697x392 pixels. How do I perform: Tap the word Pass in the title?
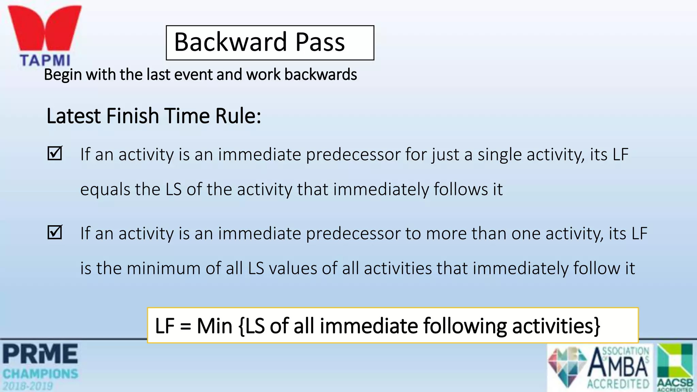pyautogui.click(x=320, y=42)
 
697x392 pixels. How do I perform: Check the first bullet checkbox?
pyautogui.click(x=55, y=153)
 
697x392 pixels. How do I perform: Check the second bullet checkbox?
pyautogui.click(x=55, y=232)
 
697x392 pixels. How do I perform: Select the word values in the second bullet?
pyautogui.click(x=293, y=268)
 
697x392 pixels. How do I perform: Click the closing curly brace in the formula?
pyautogui.click(x=596, y=326)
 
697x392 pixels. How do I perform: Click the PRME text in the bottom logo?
pyautogui.click(x=40, y=354)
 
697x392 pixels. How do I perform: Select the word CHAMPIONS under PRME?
pyautogui.click(x=40, y=374)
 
